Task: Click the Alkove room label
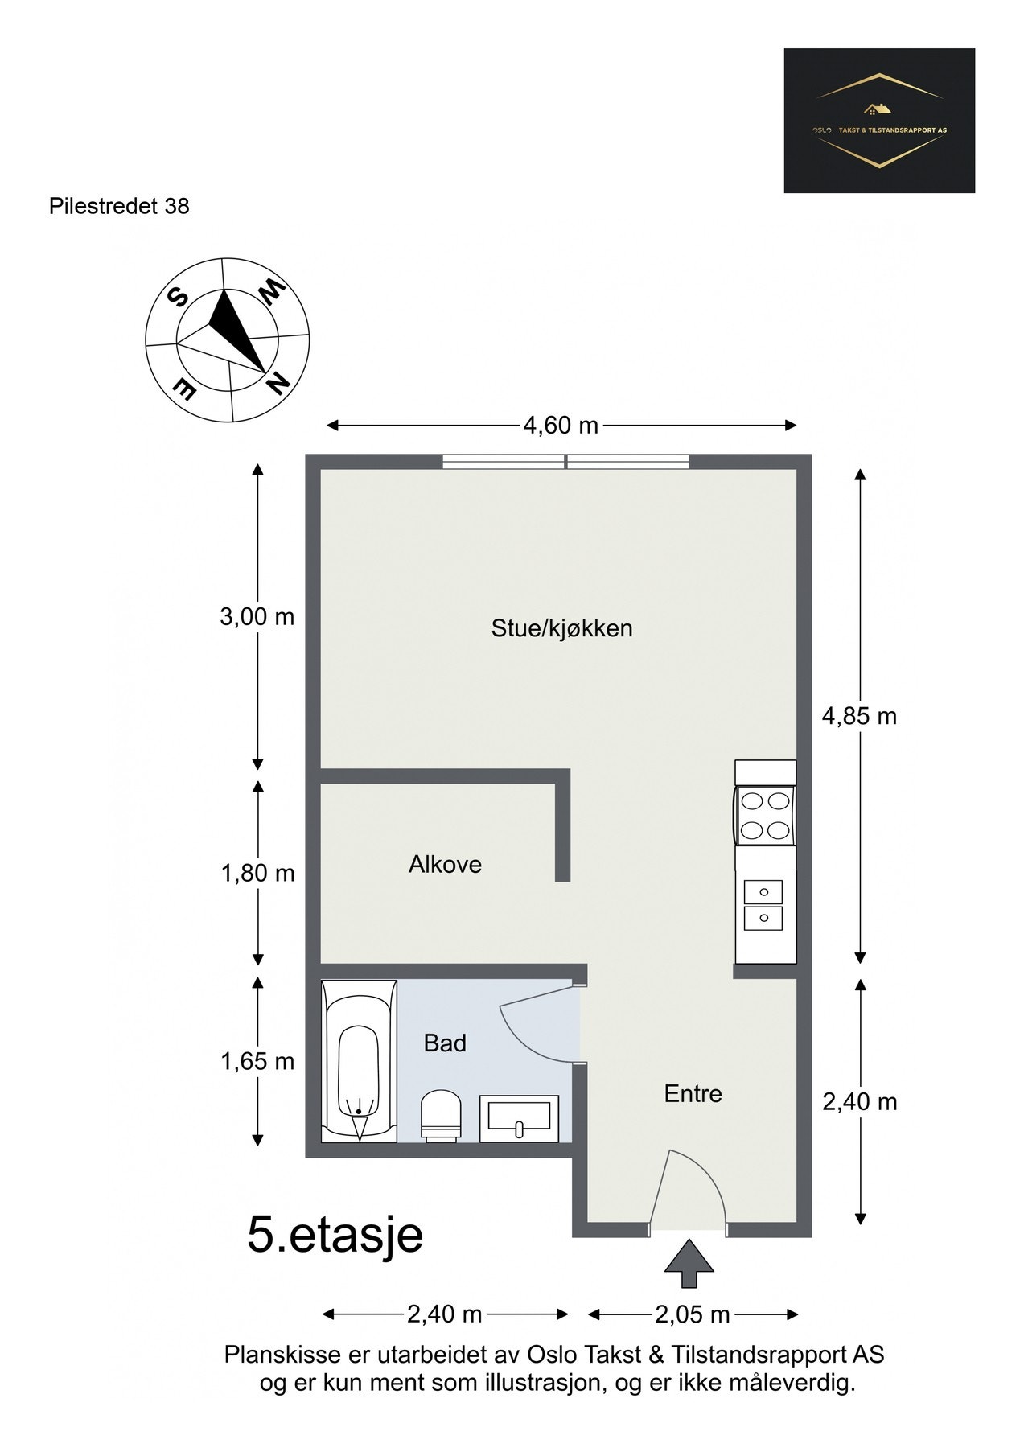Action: [445, 864]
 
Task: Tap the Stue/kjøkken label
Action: [561, 628]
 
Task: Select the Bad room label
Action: [445, 1043]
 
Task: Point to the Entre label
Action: [693, 1093]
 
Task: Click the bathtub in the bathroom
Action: [359, 1061]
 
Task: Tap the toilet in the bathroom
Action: [441, 1114]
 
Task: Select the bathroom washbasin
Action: [520, 1118]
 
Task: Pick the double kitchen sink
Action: [763, 905]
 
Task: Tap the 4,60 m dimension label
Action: [561, 426]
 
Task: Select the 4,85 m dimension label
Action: [859, 715]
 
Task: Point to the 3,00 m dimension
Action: [257, 617]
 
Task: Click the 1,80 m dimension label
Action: [258, 873]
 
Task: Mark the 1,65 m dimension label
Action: [257, 1061]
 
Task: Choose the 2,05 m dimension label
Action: [693, 1314]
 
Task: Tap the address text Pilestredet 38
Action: [119, 206]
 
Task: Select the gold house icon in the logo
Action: [879, 109]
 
